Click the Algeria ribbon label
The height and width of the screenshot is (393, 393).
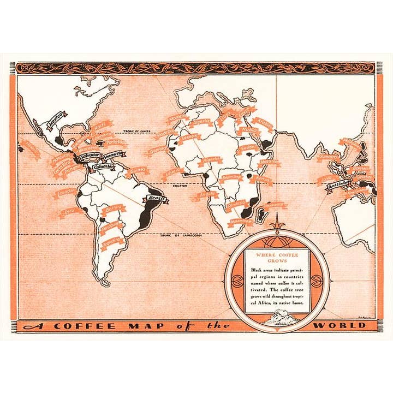200,123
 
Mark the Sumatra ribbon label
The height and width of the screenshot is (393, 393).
330,157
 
